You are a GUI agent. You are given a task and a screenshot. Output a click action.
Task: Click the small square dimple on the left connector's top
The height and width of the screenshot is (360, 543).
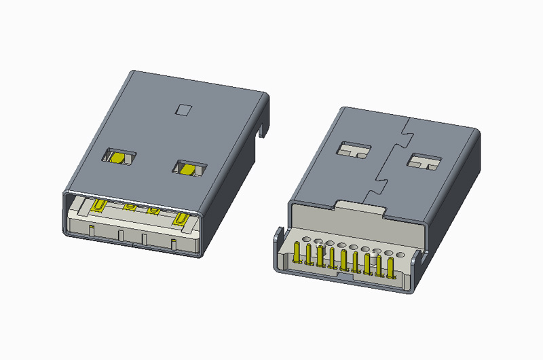click(x=183, y=109)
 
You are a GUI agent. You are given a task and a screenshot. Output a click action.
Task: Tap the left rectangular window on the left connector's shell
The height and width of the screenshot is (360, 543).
click(x=119, y=156)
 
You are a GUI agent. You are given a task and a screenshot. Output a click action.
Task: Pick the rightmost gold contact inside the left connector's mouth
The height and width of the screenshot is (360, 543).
click(x=181, y=218)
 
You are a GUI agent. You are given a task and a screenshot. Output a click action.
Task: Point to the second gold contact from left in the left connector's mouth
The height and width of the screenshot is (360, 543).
click(x=128, y=208)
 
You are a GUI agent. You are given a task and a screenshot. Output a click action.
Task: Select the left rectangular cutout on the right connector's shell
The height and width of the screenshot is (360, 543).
click(x=355, y=149)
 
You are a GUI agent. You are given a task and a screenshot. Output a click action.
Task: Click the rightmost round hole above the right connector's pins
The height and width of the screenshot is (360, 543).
click(x=400, y=254)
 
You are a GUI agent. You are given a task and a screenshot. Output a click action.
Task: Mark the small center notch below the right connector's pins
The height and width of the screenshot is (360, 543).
click(x=347, y=276)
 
